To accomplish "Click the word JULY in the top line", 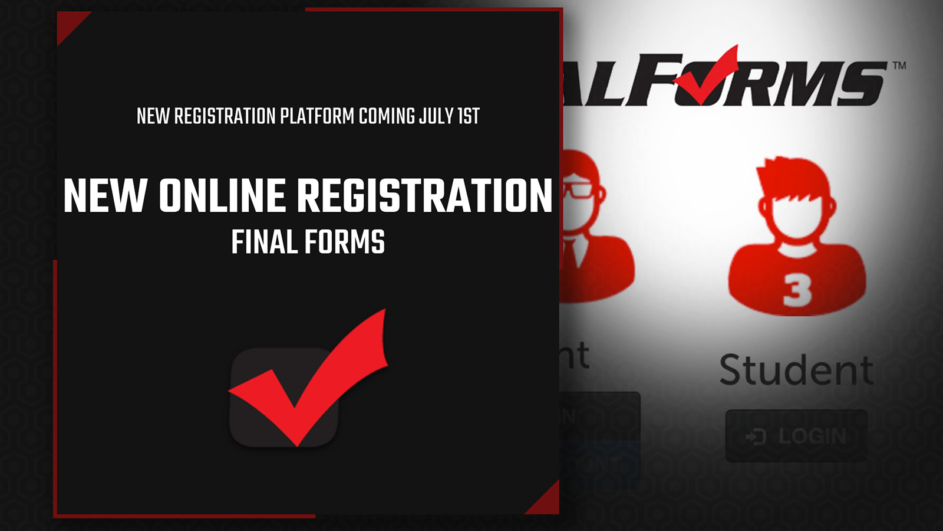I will coord(436,116).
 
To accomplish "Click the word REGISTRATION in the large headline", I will coord(424,196).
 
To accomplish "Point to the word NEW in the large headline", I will coord(105,196).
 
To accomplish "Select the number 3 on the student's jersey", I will coord(797,290).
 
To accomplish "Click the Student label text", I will coord(796,371).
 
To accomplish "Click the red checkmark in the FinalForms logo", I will coord(707,77).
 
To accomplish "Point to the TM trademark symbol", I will coord(899,65).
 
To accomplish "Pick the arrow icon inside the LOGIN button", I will coord(756,437).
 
